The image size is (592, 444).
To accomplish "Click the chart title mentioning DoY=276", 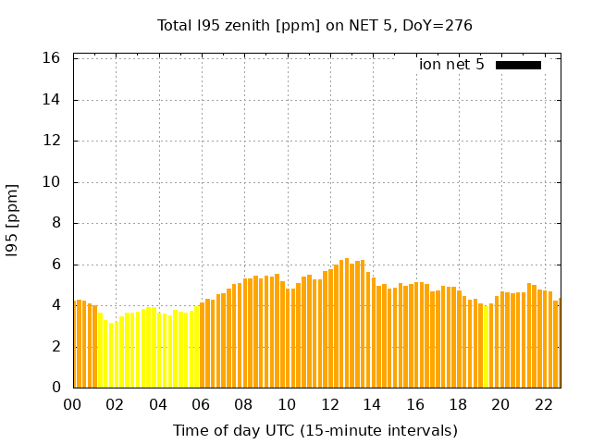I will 314,26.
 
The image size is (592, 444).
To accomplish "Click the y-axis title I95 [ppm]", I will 13,220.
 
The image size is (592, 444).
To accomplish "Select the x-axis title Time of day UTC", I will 314,430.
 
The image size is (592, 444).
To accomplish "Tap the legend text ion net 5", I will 451,65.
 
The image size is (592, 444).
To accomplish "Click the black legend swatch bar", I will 518,65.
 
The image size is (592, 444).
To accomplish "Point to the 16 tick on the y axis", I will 52,58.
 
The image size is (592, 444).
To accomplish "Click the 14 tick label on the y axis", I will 52,100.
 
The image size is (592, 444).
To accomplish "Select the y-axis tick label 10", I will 52,182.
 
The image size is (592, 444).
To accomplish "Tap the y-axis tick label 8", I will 55,223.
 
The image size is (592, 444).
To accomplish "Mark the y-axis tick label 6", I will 55,265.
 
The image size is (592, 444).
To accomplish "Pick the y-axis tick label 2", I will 55,347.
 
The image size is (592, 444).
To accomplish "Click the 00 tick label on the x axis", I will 73,404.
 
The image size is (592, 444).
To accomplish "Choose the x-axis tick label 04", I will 158,404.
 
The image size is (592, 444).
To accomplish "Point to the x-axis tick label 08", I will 244,404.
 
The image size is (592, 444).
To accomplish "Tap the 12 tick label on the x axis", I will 329,404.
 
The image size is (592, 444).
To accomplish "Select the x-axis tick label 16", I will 415,404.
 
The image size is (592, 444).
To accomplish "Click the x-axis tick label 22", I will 543,404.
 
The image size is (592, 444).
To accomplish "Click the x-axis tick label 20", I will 500,404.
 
